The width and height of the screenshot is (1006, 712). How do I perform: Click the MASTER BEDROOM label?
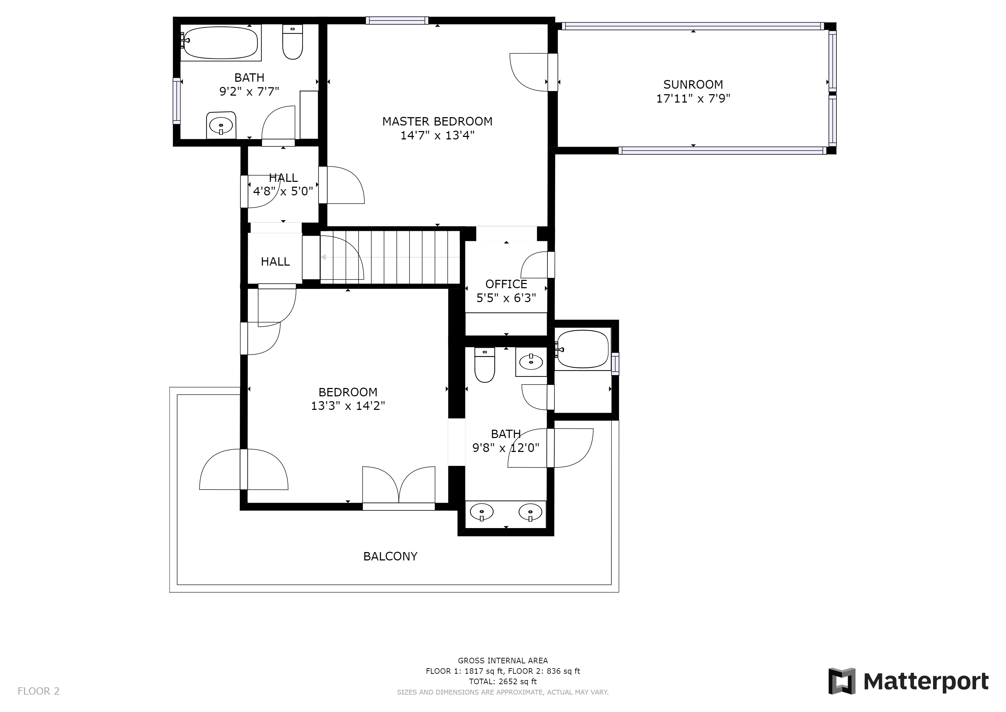click(437, 121)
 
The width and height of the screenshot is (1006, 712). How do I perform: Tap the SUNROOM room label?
click(693, 84)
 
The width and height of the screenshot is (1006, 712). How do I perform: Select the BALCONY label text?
click(390, 556)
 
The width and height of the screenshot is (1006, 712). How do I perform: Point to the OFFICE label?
click(506, 284)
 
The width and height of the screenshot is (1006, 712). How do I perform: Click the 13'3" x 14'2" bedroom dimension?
click(348, 406)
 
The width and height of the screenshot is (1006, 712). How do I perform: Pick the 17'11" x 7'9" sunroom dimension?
click(693, 99)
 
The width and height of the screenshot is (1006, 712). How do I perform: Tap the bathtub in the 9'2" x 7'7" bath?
click(220, 42)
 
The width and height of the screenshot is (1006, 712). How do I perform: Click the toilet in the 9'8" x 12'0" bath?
click(485, 365)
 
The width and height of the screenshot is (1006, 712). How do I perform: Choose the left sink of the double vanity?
click(481, 512)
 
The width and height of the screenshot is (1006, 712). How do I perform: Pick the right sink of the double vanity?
click(530, 512)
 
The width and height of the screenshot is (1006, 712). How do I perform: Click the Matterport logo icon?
click(841, 681)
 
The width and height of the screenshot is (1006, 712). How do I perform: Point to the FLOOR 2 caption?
click(39, 691)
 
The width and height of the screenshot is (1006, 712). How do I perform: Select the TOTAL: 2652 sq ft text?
click(503, 682)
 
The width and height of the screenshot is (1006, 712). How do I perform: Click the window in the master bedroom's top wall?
click(397, 20)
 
